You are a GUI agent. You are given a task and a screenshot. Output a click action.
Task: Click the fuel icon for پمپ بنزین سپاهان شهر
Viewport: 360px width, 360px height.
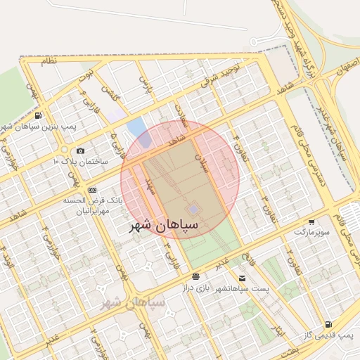point(37,115)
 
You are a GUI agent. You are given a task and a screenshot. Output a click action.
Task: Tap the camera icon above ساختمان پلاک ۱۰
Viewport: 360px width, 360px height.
point(80,150)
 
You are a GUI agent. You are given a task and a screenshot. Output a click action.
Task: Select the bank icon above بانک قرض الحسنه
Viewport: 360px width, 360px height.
point(92,190)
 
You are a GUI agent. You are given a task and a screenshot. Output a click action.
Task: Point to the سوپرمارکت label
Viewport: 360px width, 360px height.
point(311,231)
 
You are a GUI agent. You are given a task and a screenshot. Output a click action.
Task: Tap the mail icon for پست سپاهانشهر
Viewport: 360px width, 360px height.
point(243,278)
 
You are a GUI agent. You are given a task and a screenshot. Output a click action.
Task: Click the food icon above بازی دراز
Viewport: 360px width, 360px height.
point(195,276)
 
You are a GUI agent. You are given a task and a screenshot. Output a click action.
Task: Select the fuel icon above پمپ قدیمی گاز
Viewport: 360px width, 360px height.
point(328,324)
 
